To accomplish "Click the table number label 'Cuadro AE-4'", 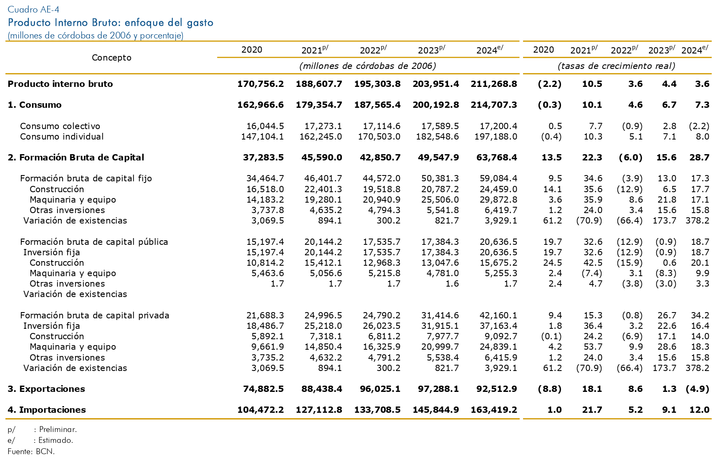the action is point(33,10).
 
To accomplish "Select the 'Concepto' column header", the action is point(111,58).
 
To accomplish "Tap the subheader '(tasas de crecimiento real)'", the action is point(617,66).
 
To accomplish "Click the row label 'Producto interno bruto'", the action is point(60,84).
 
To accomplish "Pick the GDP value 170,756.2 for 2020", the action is point(260,84).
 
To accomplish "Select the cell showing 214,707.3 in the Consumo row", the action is point(494,105).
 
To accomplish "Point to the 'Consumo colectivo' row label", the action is point(60,126).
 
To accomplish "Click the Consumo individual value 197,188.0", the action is point(496,137).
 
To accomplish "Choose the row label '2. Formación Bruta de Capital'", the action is point(76,158).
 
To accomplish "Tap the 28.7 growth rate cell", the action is point(699,158).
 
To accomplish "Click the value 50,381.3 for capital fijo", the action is point(440,178).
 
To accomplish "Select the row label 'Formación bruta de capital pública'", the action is point(94,242).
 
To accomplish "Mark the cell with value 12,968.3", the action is point(382,263).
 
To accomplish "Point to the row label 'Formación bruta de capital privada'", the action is point(95,315).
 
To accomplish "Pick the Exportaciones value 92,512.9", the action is point(497,389).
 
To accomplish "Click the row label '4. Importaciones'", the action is point(47,410).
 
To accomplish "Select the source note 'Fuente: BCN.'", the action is point(31,452).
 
